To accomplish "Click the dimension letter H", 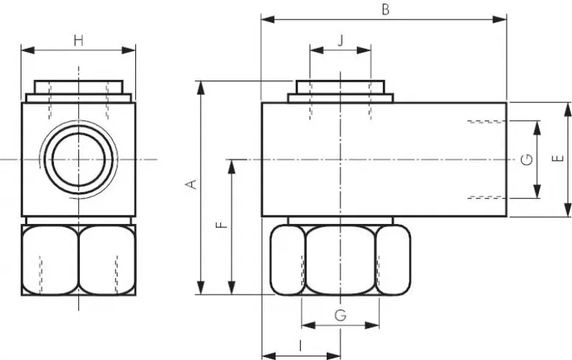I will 78,40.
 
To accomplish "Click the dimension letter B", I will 385,10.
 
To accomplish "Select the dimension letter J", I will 340,40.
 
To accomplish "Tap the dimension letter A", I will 191,185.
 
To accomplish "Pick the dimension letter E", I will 559,159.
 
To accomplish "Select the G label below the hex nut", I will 340,315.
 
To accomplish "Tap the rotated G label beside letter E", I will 527,159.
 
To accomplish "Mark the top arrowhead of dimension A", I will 201,85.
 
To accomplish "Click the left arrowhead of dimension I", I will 265,354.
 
